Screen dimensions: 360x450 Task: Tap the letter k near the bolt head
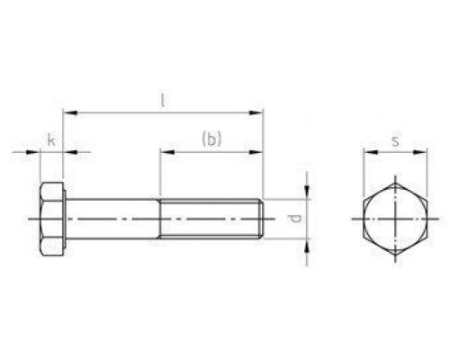click(50, 141)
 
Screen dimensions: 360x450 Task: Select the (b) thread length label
click(211, 139)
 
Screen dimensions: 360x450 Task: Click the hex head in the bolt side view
click(51, 219)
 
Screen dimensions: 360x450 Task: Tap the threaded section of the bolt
click(210, 219)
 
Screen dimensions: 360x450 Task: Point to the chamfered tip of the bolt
click(262, 219)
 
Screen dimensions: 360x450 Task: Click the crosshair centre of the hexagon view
click(396, 219)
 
